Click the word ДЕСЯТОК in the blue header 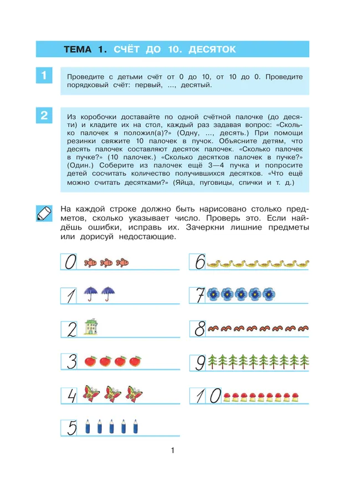point(212,50)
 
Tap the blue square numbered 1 point(43,75)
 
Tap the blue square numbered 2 point(43,116)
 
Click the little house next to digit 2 point(89,328)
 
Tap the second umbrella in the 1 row point(111,294)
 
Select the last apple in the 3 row point(135,362)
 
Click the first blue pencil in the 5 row point(88,427)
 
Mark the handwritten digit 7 point(199,296)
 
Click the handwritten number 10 point(206,395)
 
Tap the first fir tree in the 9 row point(212,362)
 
